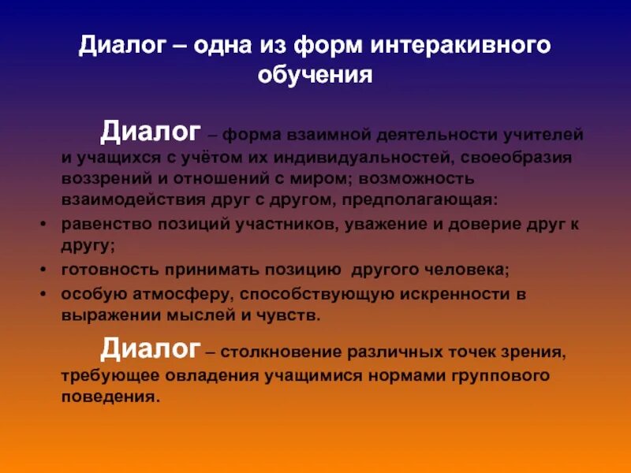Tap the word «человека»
click(x=470, y=269)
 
